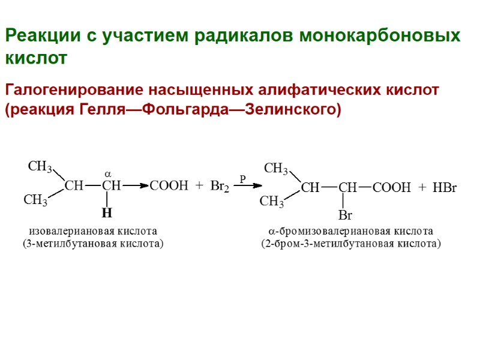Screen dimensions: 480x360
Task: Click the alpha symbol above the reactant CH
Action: (x=109, y=172)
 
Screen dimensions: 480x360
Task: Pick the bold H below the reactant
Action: (x=107, y=214)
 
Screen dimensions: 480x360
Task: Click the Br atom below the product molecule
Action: (x=345, y=215)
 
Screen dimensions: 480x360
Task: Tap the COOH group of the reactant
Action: (x=169, y=186)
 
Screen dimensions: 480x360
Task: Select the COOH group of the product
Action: (x=392, y=188)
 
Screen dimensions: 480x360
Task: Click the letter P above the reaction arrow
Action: (x=242, y=178)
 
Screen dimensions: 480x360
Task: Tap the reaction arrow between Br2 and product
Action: (x=248, y=187)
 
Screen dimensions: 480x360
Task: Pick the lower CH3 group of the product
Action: (x=271, y=202)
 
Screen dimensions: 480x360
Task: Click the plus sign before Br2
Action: (x=200, y=186)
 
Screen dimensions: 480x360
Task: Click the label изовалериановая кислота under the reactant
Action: (x=93, y=231)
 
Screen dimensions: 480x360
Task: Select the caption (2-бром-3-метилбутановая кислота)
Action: (x=350, y=244)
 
